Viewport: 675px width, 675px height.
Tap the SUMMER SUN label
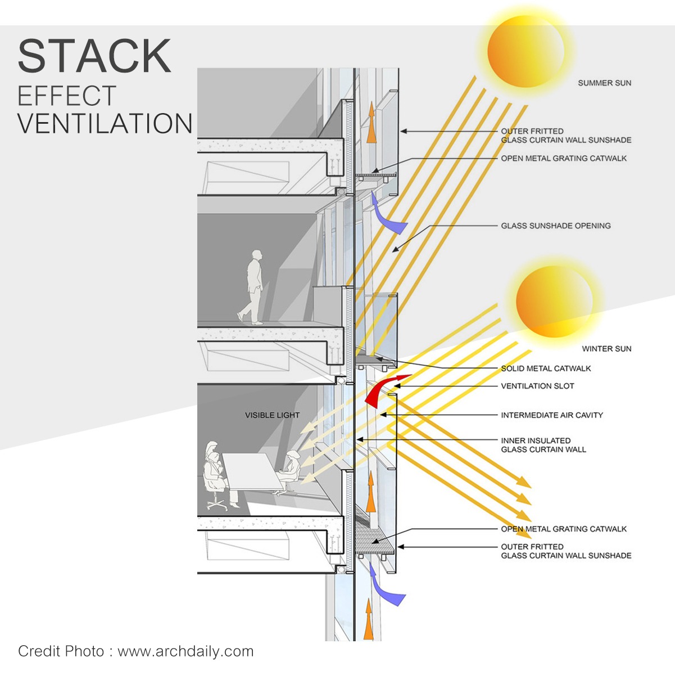604,83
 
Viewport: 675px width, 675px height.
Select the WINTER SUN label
606,349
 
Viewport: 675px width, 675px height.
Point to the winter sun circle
553,302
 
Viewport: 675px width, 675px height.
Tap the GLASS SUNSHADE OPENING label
555,226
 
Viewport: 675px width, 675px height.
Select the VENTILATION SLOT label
537,386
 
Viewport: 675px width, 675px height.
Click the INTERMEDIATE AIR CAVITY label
551,416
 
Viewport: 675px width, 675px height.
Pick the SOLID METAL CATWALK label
546,369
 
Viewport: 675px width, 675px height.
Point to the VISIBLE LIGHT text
272,416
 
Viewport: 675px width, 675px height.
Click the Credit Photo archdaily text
135,651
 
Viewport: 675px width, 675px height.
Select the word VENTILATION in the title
105,124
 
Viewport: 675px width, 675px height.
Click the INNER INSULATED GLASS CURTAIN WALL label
543,445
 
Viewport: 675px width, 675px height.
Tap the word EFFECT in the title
67,96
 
